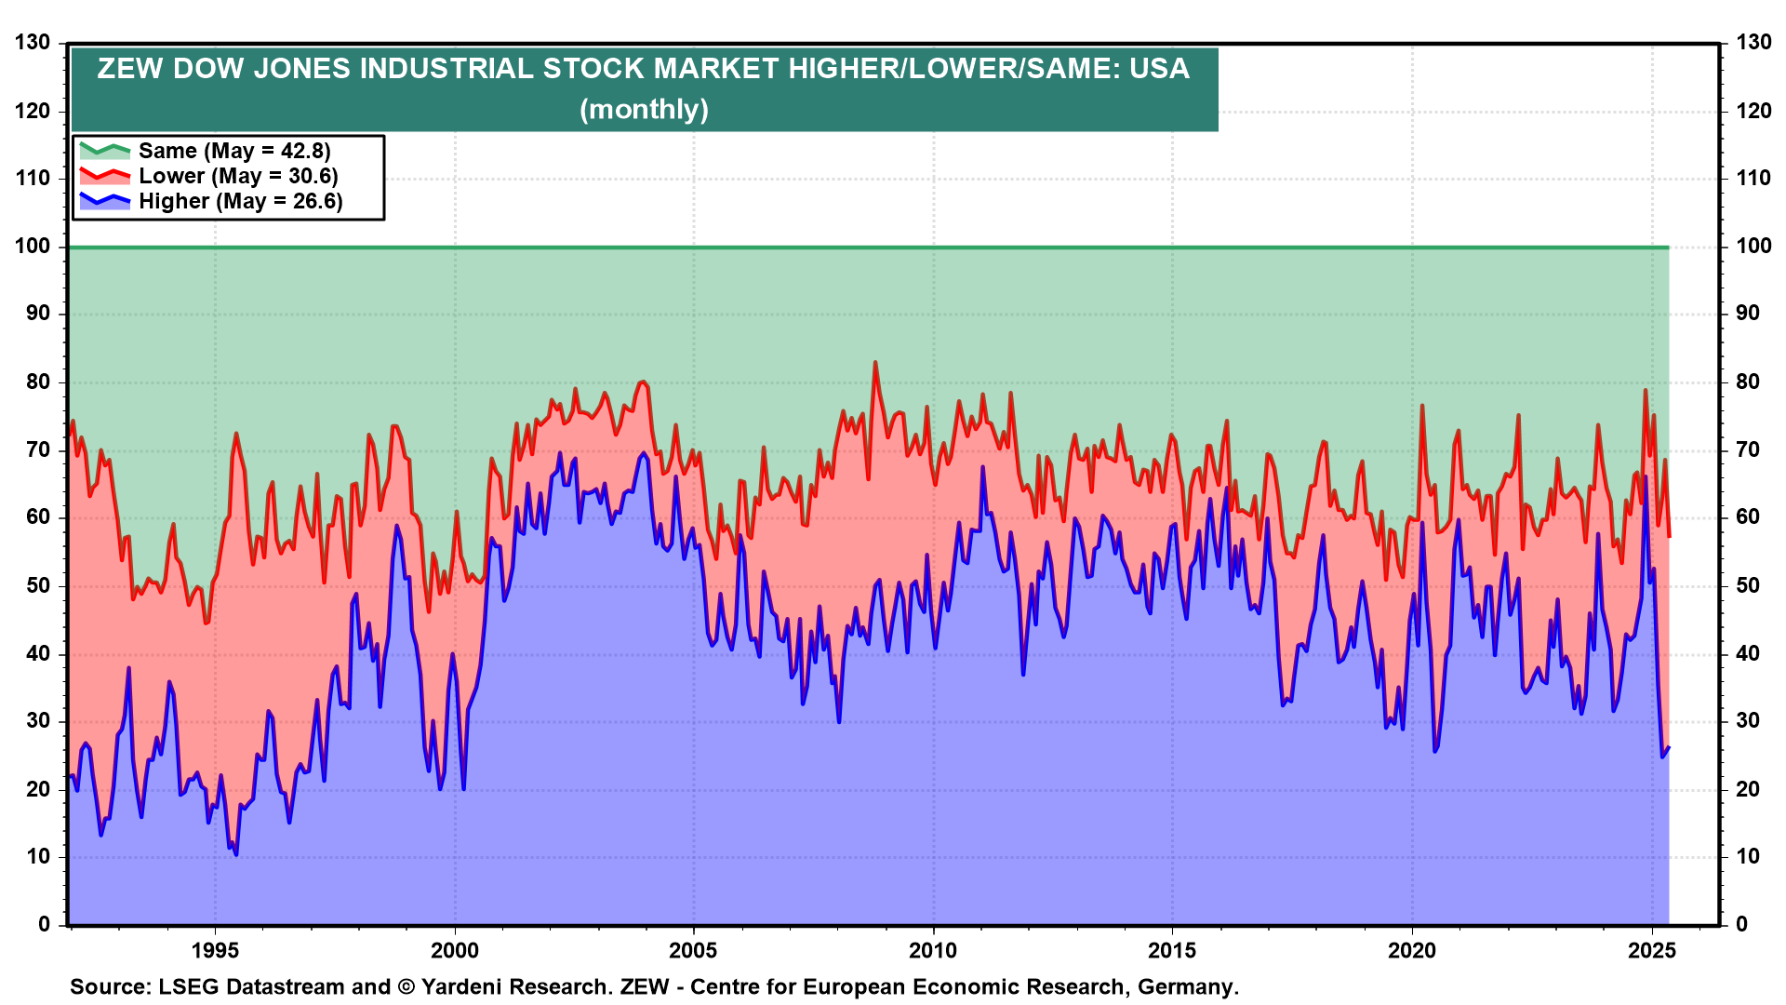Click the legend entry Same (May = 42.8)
233,151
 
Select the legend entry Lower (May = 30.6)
237,176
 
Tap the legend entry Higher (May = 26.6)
240,201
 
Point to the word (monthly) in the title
644,110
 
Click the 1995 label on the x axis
215,950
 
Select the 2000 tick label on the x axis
455,950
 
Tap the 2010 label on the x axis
933,950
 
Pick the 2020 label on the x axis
1412,950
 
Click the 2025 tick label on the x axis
1652,950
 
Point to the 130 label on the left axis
33,43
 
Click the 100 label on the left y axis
33,247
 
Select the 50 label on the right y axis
1748,586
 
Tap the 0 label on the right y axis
1742,925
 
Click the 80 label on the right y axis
1748,382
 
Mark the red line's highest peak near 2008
875,363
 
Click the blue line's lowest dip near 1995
236,854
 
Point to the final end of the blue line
1669,747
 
